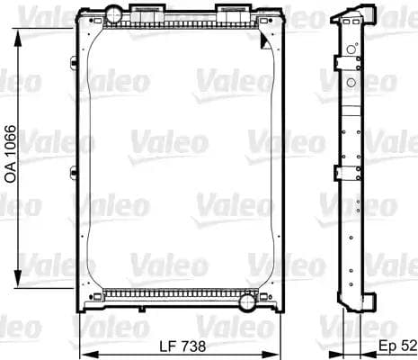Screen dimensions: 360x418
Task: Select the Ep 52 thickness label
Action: click(x=396, y=346)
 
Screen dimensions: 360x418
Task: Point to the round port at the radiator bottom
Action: click(x=246, y=301)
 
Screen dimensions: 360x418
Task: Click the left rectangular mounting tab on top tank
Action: click(x=147, y=11)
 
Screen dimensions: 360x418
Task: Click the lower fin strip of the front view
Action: click(x=180, y=292)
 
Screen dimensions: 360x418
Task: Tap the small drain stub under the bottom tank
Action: click(x=127, y=308)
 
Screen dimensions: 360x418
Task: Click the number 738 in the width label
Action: click(x=193, y=346)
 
